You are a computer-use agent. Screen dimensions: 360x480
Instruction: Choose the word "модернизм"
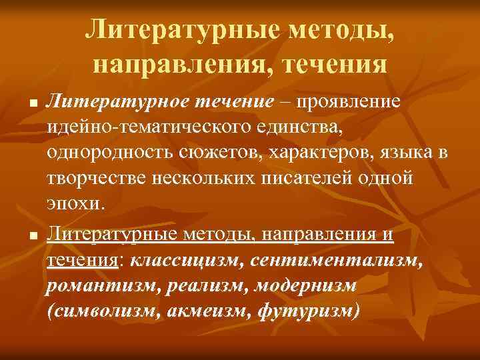(310, 285)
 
